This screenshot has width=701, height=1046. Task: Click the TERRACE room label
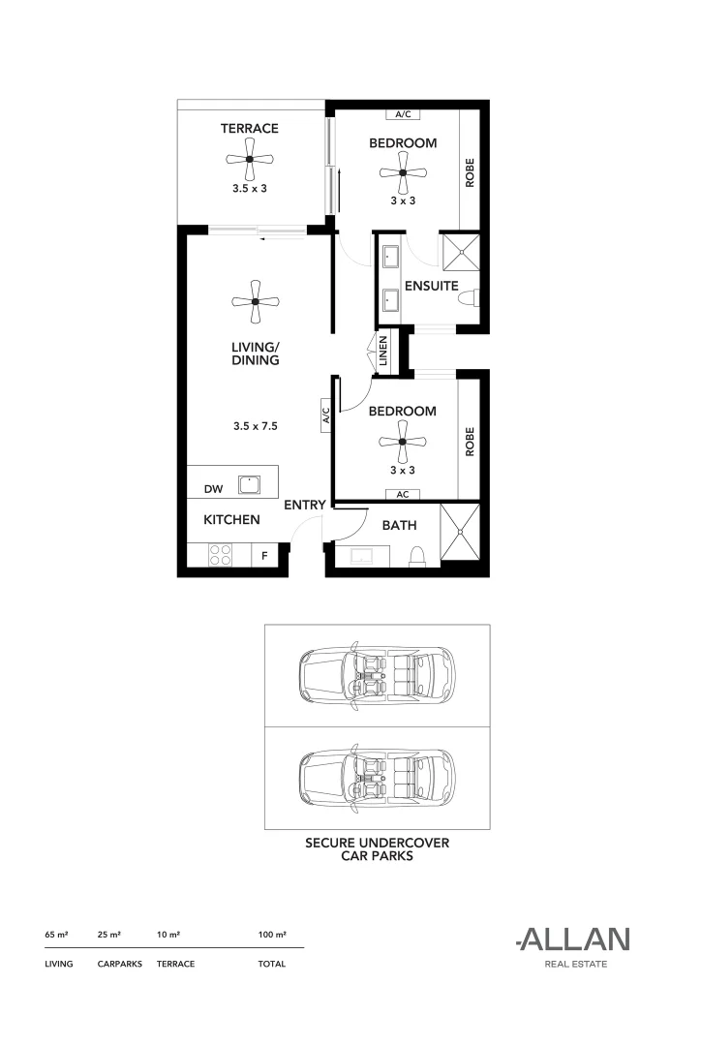(x=249, y=128)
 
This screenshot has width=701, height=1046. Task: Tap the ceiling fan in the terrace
(x=249, y=160)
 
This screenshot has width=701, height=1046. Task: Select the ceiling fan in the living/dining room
(x=255, y=302)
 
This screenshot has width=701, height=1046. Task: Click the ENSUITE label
(x=431, y=286)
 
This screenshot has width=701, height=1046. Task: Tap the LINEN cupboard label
(x=384, y=351)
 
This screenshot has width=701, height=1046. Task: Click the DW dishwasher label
(x=213, y=490)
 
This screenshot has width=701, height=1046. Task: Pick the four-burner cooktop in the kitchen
(x=220, y=555)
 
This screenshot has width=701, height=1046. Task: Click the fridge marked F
(x=264, y=557)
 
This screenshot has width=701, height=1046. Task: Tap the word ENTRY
(x=304, y=505)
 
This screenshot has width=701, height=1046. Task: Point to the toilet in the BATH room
(x=418, y=555)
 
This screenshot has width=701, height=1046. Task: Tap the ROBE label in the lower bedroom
(x=470, y=442)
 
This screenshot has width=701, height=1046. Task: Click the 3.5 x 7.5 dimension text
(x=256, y=425)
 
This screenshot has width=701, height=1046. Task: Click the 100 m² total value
(x=272, y=935)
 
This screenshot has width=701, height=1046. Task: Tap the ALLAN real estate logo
(x=573, y=938)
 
